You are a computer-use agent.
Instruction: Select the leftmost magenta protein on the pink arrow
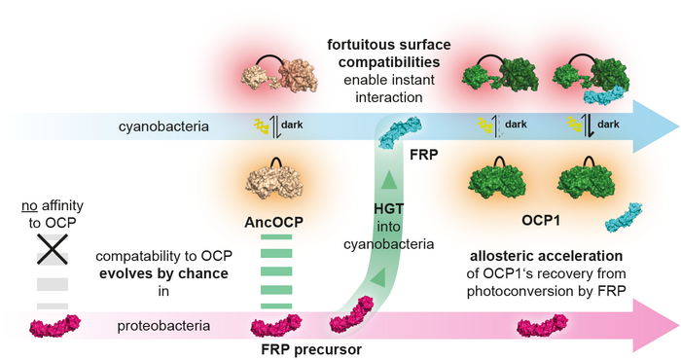tap(57, 325)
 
